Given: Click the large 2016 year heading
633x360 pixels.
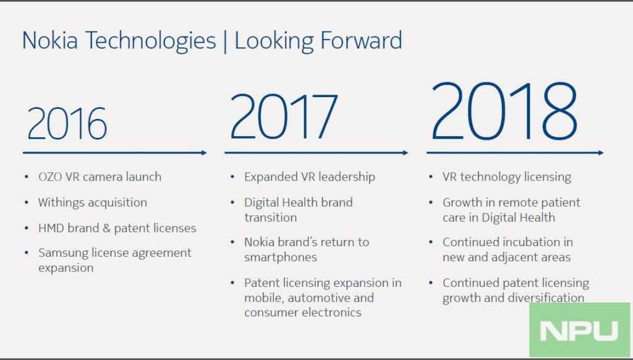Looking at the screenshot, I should point(67,123).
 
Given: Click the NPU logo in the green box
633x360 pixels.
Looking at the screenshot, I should point(579,330).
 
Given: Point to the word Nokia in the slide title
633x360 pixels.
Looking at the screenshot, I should point(51,41).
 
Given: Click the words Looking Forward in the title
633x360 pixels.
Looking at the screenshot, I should point(318,41).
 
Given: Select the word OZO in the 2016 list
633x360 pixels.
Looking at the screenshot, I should point(51,177).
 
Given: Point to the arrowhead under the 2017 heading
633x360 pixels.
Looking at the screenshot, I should point(405,152).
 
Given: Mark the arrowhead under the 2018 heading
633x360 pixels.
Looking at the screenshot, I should point(600,152).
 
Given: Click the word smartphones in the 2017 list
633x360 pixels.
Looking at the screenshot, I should point(280,257).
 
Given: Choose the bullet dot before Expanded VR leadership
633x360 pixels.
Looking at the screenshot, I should point(232,177).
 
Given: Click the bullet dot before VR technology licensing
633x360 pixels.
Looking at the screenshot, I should point(431,177).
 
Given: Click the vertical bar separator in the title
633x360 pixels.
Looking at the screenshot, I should point(225,41).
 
